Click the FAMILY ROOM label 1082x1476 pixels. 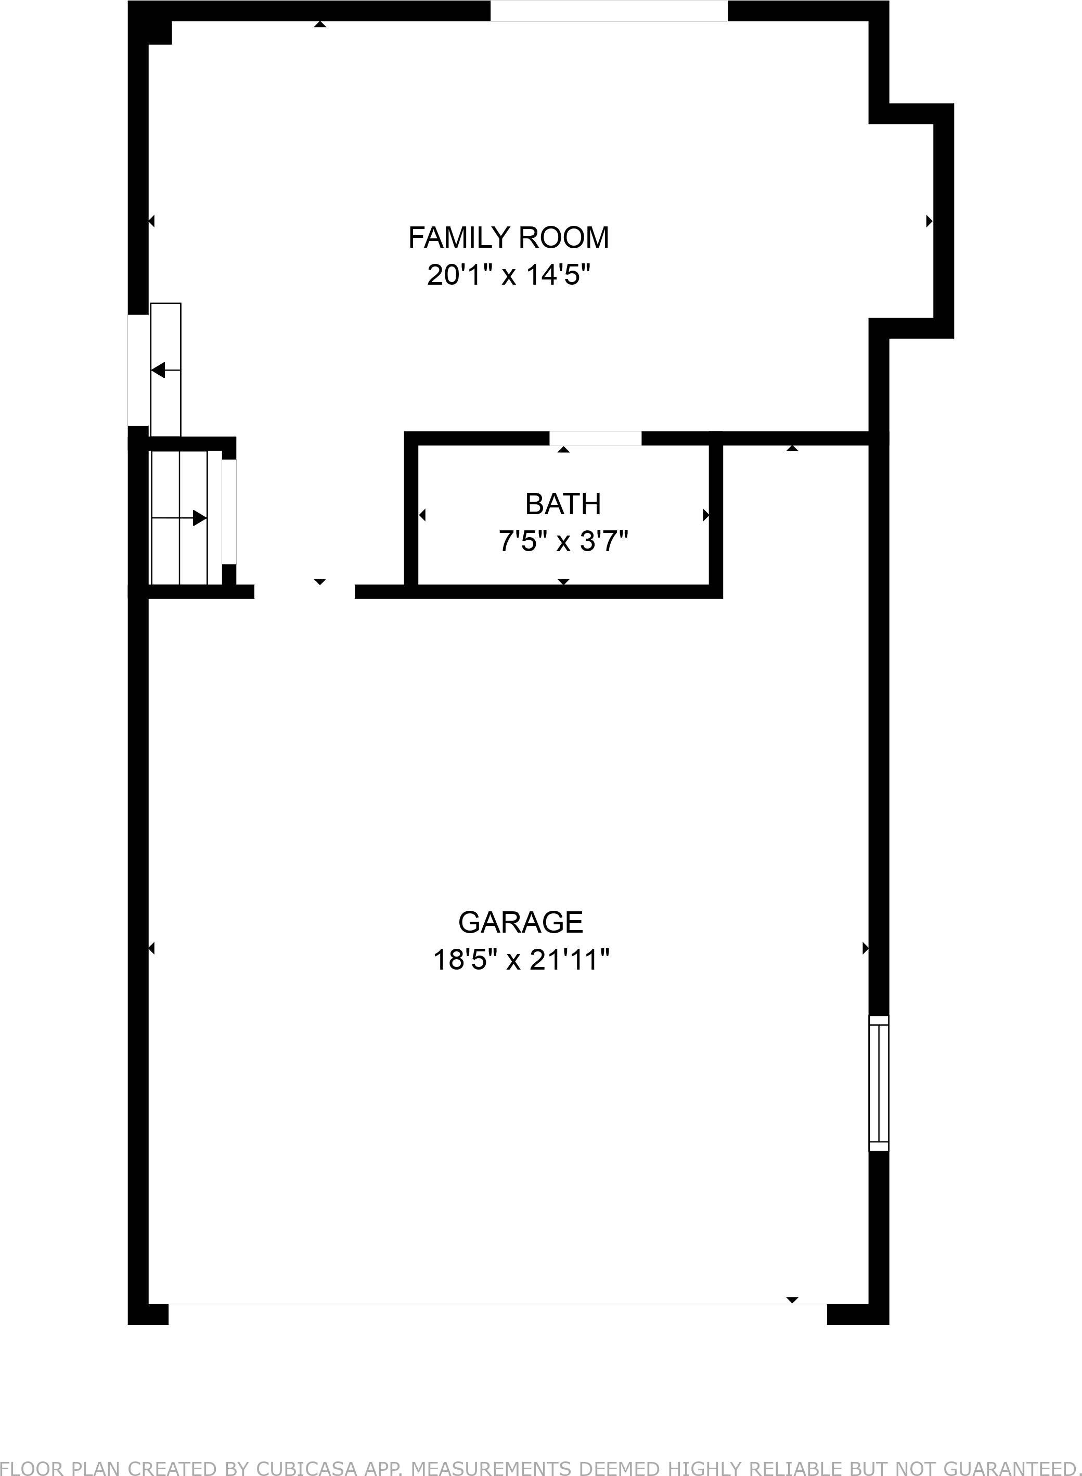tap(508, 237)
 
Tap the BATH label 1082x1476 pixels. tap(563, 504)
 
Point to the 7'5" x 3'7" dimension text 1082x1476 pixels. tap(563, 542)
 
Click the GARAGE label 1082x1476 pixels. tap(520, 922)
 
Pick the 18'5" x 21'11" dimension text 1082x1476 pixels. tap(520, 960)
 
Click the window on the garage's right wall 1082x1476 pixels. tap(878, 1083)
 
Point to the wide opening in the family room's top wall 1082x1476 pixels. tap(609, 11)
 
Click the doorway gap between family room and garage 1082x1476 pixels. tap(304, 592)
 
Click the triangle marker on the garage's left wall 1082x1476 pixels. tap(151, 948)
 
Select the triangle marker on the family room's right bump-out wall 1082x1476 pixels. tap(929, 221)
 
